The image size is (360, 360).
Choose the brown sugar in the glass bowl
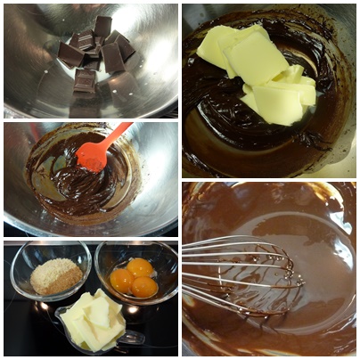tap(55, 276)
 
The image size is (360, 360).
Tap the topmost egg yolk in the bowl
tap(139, 266)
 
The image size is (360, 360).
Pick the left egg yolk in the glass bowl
tap(122, 280)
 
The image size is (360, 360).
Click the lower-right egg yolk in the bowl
tap(143, 287)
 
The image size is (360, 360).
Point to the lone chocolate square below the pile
tap(85, 81)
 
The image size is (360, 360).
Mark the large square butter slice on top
tap(256, 58)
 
